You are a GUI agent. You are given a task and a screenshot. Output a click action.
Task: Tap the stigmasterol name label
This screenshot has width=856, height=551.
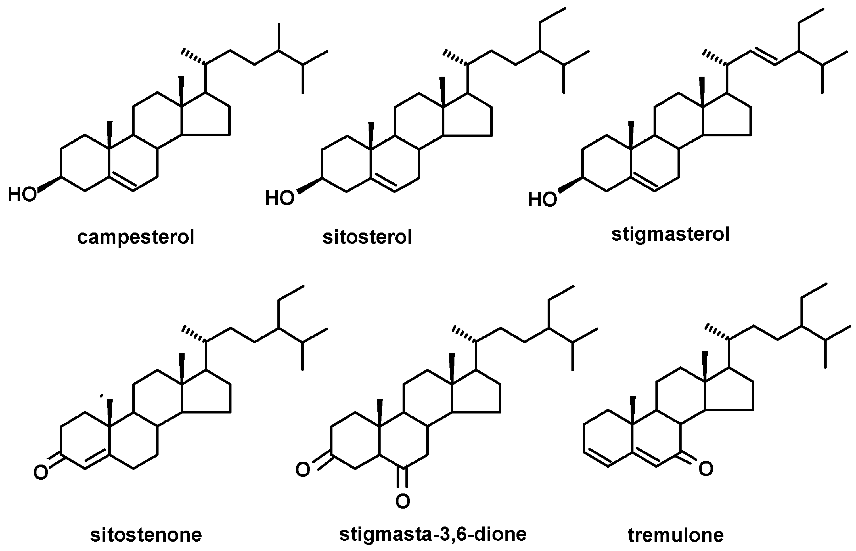click(x=670, y=234)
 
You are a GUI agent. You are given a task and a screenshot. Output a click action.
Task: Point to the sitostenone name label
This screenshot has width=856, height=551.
click(x=146, y=535)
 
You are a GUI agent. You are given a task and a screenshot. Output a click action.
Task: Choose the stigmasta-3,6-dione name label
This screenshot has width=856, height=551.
click(x=433, y=534)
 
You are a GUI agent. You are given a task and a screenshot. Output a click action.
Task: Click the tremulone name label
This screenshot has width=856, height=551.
click(x=676, y=535)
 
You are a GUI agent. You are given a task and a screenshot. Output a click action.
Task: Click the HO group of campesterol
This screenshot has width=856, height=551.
click(x=22, y=194)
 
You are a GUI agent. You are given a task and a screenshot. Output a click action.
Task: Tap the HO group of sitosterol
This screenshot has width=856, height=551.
click(x=279, y=198)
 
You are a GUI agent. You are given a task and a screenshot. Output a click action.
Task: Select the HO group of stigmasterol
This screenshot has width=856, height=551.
click(x=543, y=199)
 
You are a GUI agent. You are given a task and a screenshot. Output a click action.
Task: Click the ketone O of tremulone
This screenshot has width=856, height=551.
click(x=706, y=469)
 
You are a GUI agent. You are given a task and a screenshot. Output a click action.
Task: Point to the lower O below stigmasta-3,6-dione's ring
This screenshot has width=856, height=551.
click(x=403, y=501)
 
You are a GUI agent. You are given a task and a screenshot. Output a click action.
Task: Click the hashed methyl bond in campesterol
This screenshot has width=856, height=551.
click(x=194, y=57)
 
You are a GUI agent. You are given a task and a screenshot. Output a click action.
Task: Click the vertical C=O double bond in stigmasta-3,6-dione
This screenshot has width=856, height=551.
click(x=403, y=478)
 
